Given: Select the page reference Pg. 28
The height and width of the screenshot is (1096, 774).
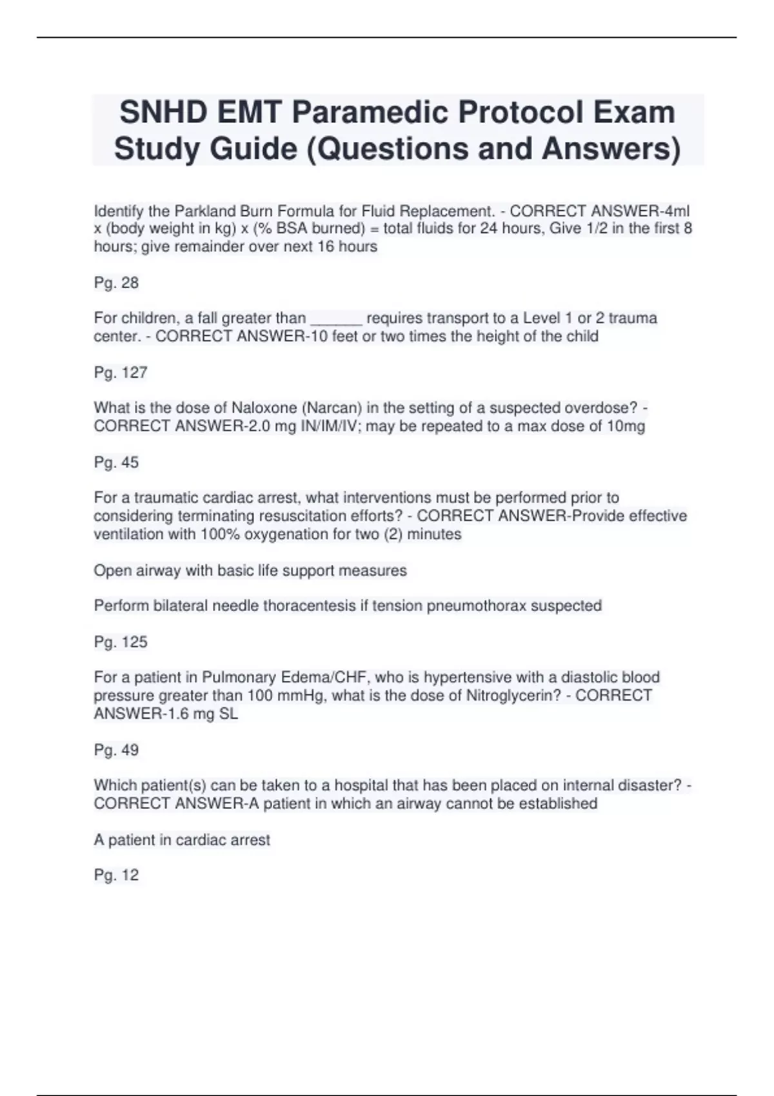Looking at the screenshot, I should tap(116, 283).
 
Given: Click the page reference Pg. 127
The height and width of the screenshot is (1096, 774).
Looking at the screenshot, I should tap(121, 373).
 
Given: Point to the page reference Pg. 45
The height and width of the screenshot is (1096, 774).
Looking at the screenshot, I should tap(116, 462).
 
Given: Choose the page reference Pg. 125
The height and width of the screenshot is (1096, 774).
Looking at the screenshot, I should tap(121, 642).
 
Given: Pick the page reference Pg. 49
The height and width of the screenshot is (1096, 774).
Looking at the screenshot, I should tap(116, 750).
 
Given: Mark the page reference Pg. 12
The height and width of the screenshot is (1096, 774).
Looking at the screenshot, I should tap(116, 875).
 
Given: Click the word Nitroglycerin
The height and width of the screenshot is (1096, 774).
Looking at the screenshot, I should tap(506, 696).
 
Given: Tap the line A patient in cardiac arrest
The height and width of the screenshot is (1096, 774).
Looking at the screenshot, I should tap(182, 840).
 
